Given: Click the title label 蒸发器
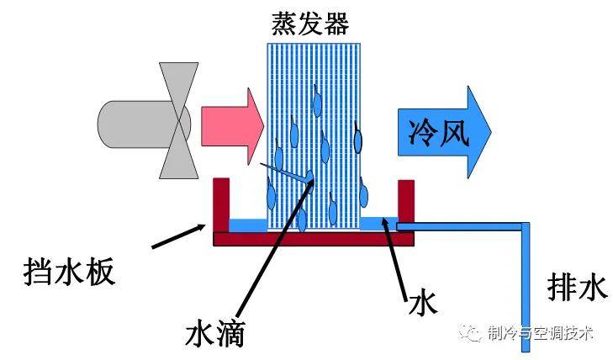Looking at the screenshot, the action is (310, 24).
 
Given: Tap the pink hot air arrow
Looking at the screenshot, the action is (232, 126).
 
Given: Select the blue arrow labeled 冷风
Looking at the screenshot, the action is (444, 132).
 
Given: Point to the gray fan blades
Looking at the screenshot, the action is (178, 120).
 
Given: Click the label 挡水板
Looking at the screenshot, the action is (69, 272).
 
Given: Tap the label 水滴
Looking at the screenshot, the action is (214, 333).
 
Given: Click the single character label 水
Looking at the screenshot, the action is (422, 302).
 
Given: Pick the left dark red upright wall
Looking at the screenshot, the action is (221, 205).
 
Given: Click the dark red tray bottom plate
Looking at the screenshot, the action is (314, 239).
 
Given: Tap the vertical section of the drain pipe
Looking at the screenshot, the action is (526, 287).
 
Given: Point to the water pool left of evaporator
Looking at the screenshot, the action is (248, 225).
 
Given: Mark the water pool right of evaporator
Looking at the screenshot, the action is (378, 224).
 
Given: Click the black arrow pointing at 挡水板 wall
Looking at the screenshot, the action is (178, 236).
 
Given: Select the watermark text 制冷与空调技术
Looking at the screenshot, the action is (540, 333).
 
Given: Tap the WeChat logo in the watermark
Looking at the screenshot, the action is (470, 332).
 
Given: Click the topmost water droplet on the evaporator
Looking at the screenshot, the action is (317, 103).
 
